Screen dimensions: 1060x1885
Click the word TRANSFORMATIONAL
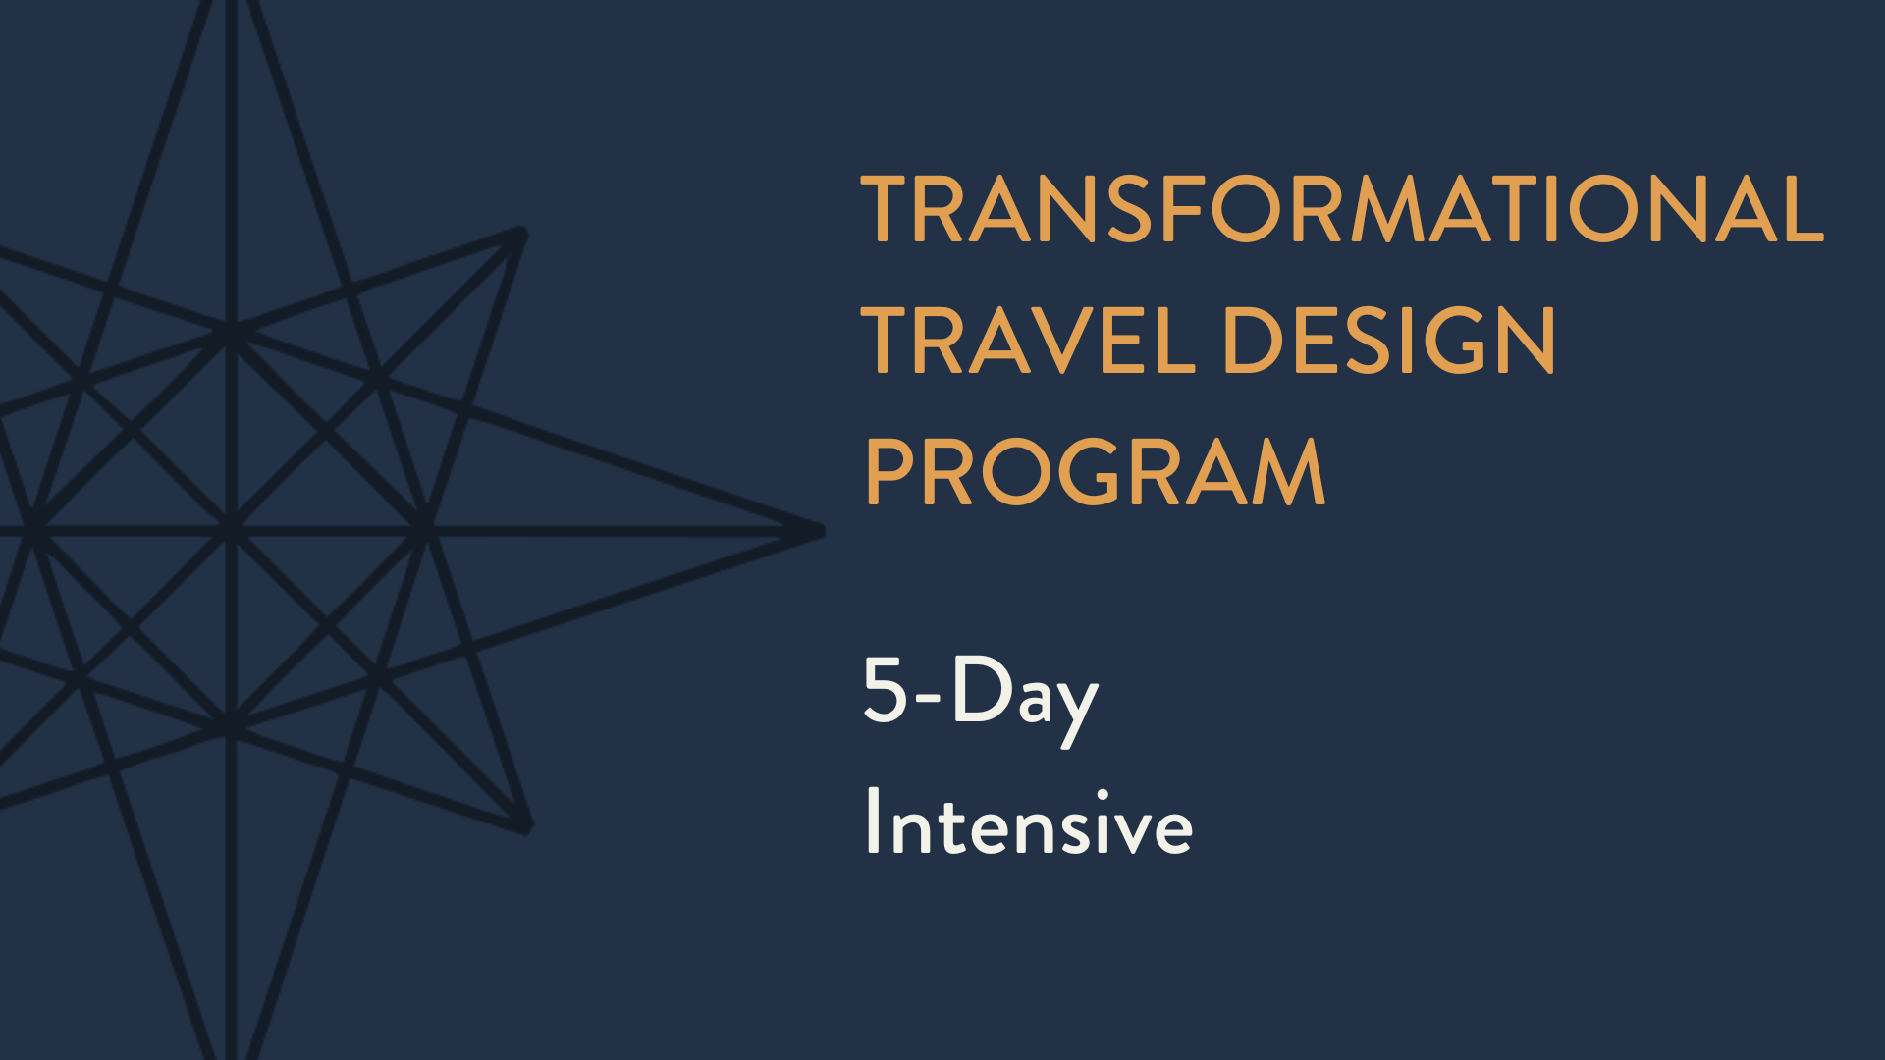1341,209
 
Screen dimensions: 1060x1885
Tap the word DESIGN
1388,341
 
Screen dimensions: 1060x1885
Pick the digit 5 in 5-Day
885,689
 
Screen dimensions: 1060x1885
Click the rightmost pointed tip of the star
820,531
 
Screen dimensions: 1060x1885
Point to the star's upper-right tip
520,235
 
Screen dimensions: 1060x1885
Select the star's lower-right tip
526,827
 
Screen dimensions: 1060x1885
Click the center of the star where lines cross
232,531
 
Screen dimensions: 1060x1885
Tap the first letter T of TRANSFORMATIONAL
889,209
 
